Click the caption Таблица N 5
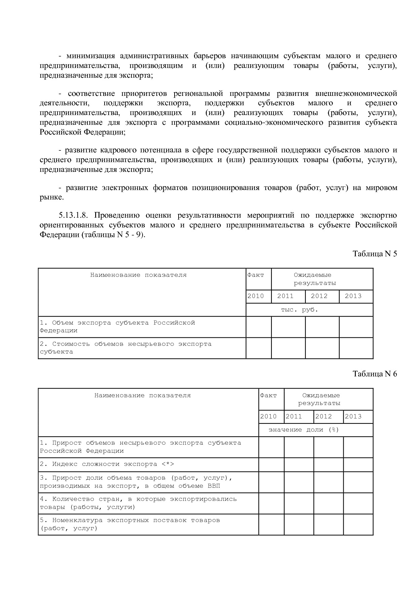tap(375, 254)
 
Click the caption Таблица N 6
tap(375, 374)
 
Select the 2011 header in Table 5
tap(285, 296)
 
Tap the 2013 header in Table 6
tap(353, 416)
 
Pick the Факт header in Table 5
tap(256, 275)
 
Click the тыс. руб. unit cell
tap(299, 310)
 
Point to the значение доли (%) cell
tap(304, 430)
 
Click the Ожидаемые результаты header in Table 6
tap(321, 399)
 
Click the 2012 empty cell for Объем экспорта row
tap(322, 327)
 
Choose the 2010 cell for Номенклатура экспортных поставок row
tap(271, 524)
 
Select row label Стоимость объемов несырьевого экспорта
tap(125, 348)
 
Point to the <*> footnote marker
tap(167, 464)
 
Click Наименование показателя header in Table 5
tap(138, 275)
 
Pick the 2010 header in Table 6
tap(268, 416)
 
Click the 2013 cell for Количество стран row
tap(358, 503)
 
